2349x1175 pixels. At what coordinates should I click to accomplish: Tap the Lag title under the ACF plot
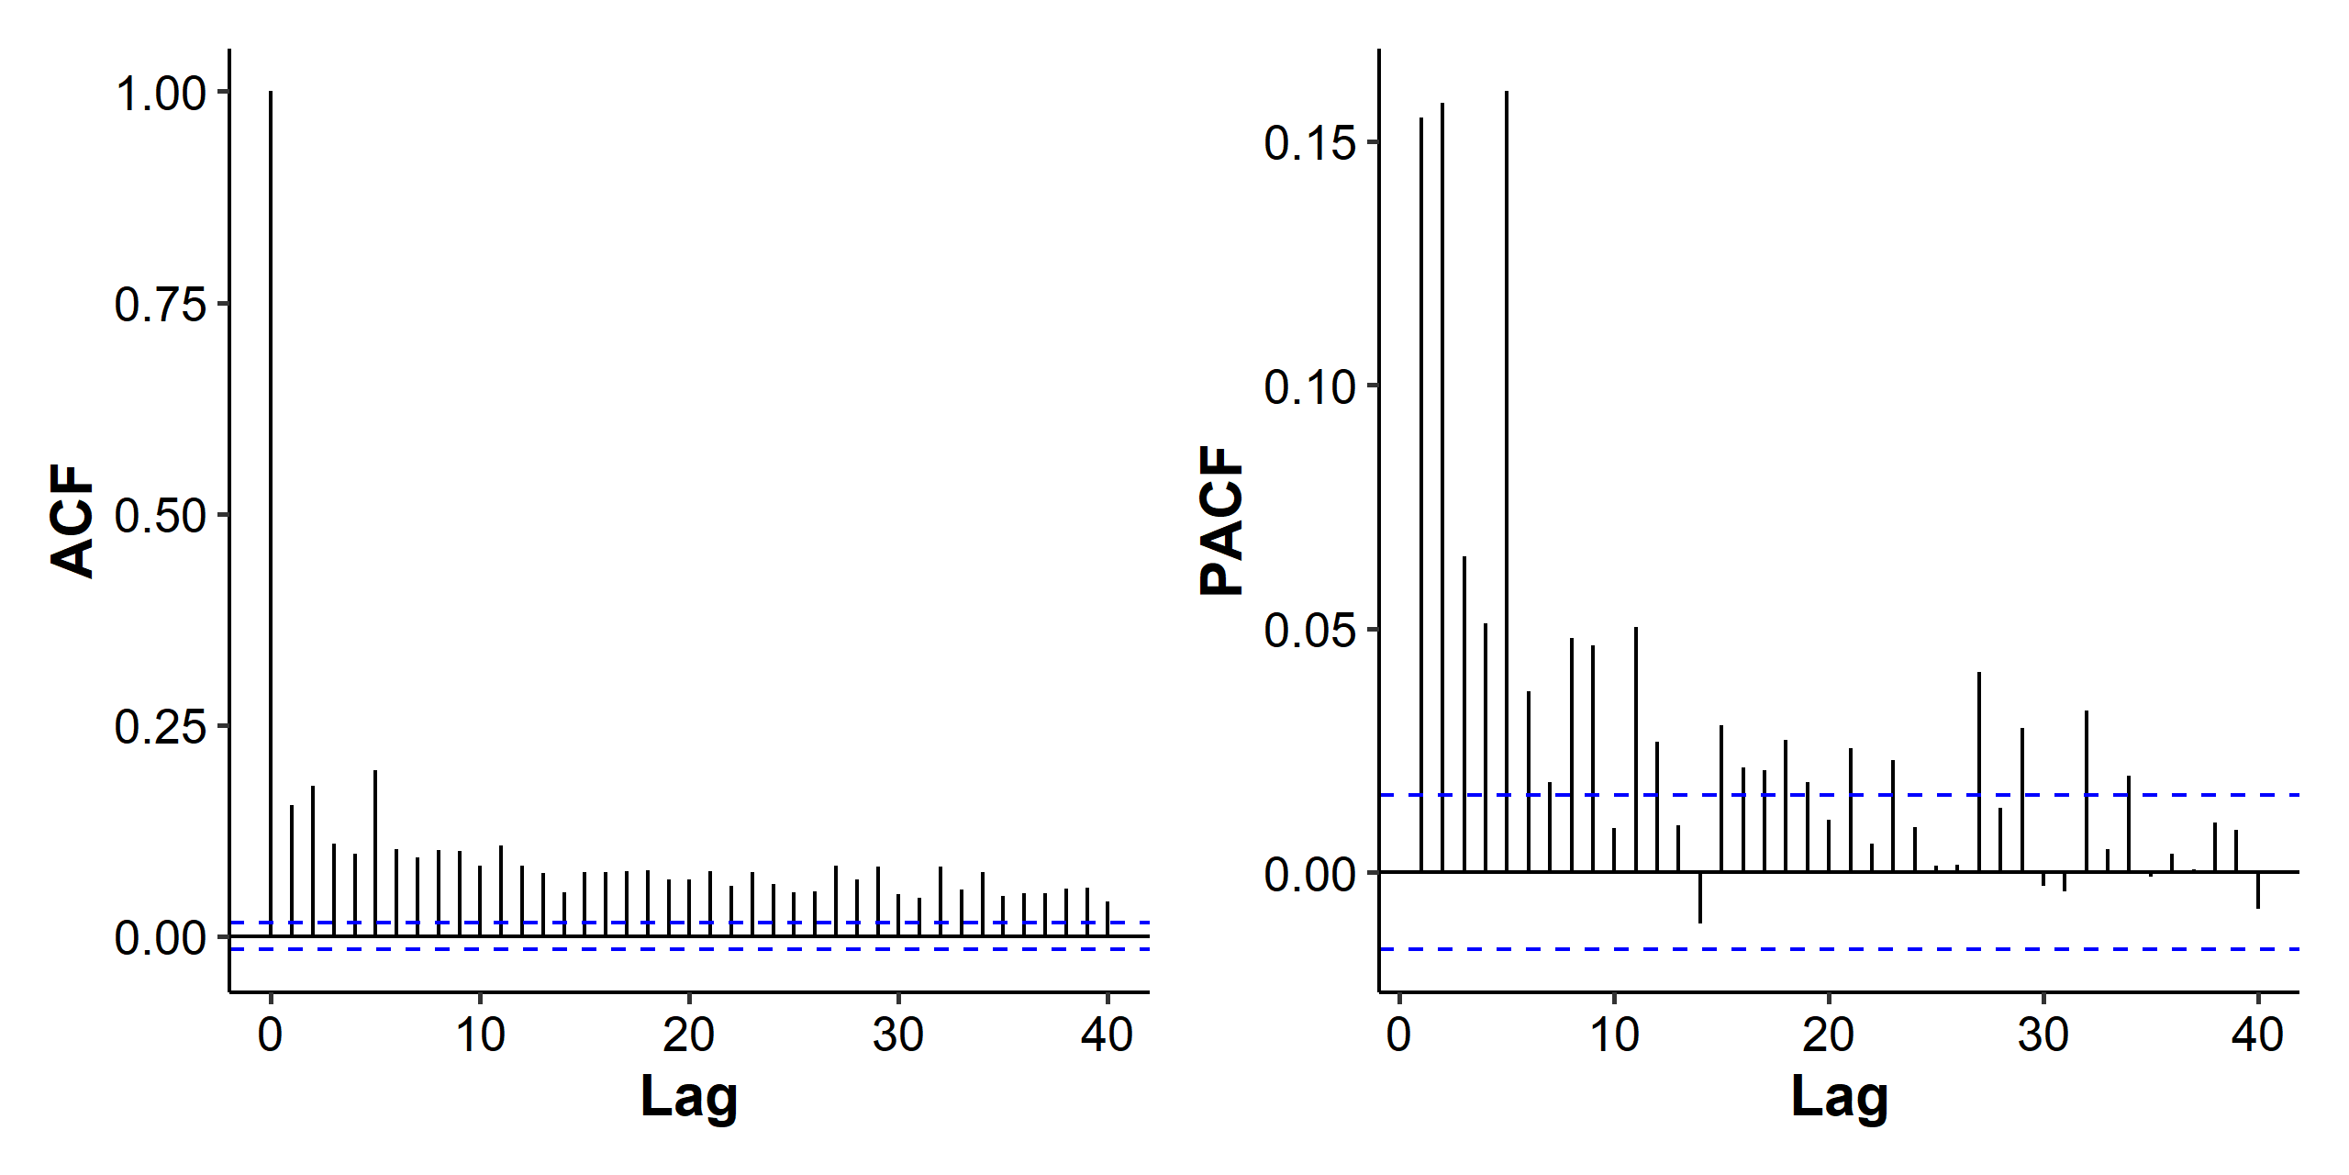(688, 1096)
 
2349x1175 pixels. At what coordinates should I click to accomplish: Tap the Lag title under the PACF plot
(1839, 1096)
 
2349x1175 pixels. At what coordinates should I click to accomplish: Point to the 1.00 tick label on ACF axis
(161, 94)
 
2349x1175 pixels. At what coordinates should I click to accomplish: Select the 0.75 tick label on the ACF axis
(161, 305)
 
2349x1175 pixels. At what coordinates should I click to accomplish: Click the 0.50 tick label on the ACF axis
(161, 516)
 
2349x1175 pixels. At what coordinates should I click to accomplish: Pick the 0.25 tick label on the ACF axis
(161, 727)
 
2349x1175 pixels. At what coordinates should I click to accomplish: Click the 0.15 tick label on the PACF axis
(1309, 143)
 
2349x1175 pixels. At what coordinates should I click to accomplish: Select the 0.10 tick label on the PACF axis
(1309, 387)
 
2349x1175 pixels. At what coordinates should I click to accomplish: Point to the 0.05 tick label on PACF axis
(1309, 631)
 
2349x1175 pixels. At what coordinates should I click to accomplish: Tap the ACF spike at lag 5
(375, 854)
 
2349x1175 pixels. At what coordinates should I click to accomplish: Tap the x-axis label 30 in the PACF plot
(2043, 1035)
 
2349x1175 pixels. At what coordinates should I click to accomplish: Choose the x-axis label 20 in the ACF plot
(689, 1035)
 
